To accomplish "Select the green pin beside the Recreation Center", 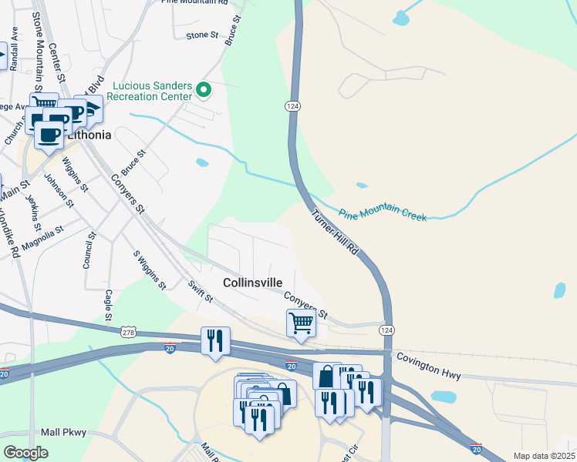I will coord(204,91).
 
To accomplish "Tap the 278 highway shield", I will coord(129,332).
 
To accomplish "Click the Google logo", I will coord(26,453).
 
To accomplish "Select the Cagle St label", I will coord(109,306).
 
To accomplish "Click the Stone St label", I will coord(203,35).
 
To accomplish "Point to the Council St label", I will coord(90,250).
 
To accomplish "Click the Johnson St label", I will coord(59,192).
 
